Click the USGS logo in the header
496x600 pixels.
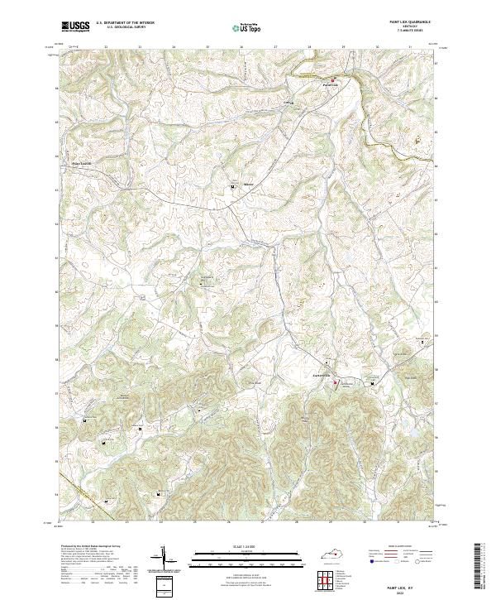(x=75, y=26)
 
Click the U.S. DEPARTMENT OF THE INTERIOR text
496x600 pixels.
(x=125, y=22)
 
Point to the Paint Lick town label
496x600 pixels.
(x=331, y=84)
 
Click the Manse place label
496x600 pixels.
(x=246, y=186)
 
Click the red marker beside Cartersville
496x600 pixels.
(x=336, y=382)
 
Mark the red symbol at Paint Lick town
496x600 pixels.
(x=333, y=80)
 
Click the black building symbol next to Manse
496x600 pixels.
(x=234, y=188)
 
